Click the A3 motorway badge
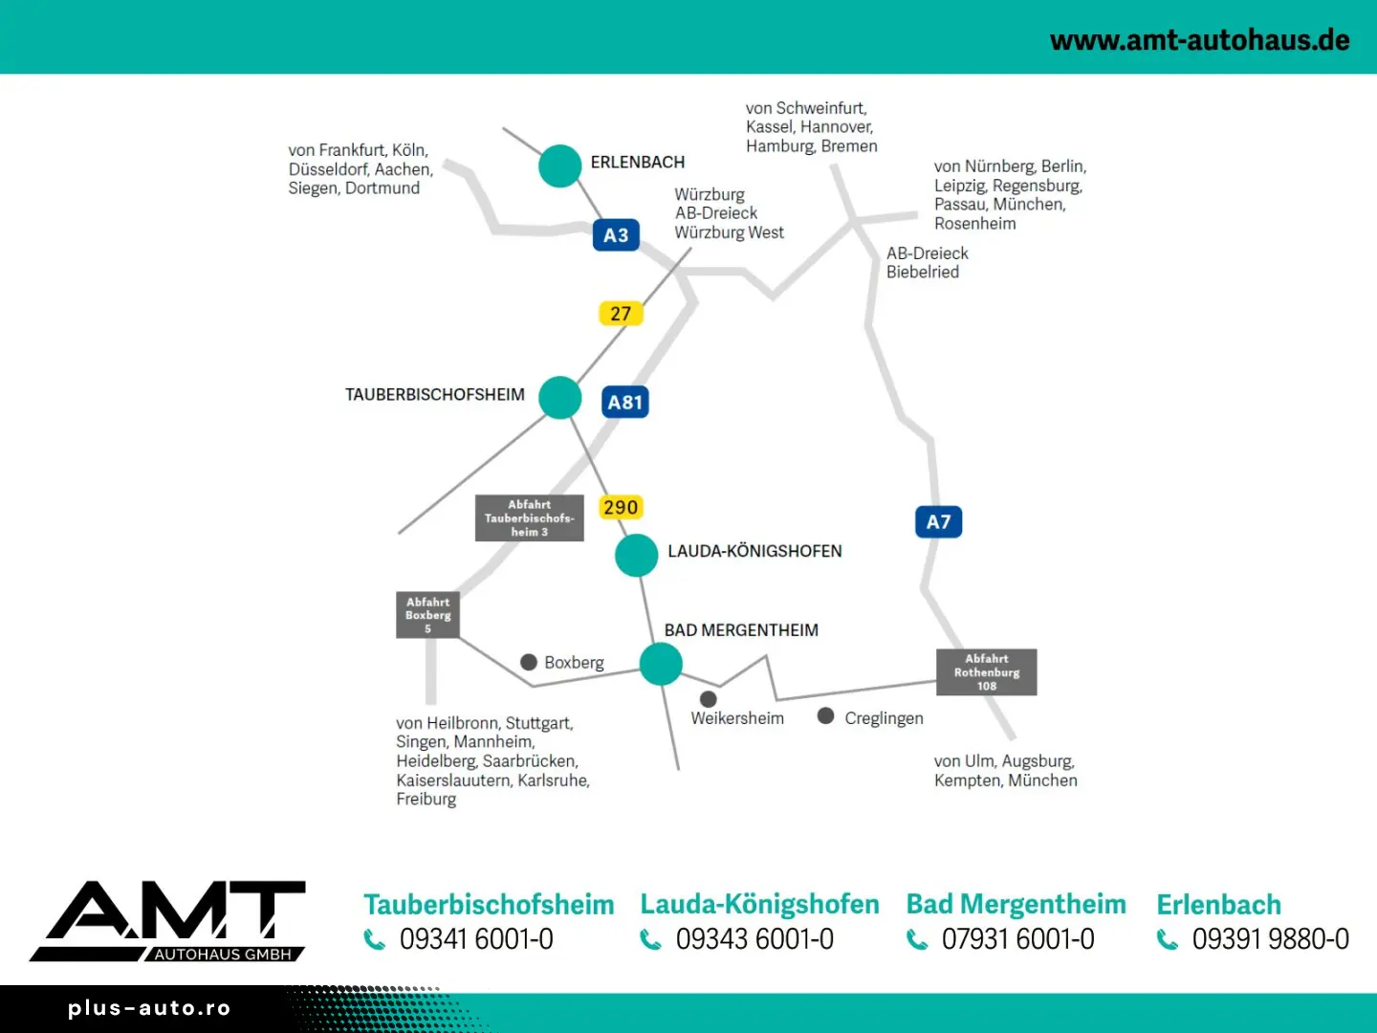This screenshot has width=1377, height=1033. tap(616, 235)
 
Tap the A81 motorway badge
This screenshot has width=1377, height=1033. tap(625, 402)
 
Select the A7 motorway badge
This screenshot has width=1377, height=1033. tap(938, 522)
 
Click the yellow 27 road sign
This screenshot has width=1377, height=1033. tap(621, 314)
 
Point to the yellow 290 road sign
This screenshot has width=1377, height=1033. tap(621, 508)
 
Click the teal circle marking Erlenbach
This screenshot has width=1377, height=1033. tap(560, 165)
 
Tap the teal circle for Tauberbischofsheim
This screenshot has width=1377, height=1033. tap(560, 398)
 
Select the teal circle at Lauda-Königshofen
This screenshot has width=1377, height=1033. tap(637, 555)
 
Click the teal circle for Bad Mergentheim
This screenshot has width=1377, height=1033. tap(661, 664)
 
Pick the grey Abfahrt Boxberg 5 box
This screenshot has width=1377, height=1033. tap(427, 614)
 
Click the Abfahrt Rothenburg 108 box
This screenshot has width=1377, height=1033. tap(986, 672)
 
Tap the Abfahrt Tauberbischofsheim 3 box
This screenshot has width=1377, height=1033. tap(529, 518)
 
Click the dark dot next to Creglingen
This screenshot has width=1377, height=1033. tap(826, 715)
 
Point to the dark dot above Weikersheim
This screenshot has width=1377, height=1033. tap(709, 699)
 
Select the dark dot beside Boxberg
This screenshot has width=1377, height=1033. tap(529, 662)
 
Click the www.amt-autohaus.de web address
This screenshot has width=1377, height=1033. tap(1199, 40)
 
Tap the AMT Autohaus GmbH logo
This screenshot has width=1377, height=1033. tap(168, 920)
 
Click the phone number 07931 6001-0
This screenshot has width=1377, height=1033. tap(1017, 939)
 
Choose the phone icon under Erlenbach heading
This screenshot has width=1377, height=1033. tap(1168, 940)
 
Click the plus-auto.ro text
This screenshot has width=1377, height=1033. tap(149, 1008)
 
